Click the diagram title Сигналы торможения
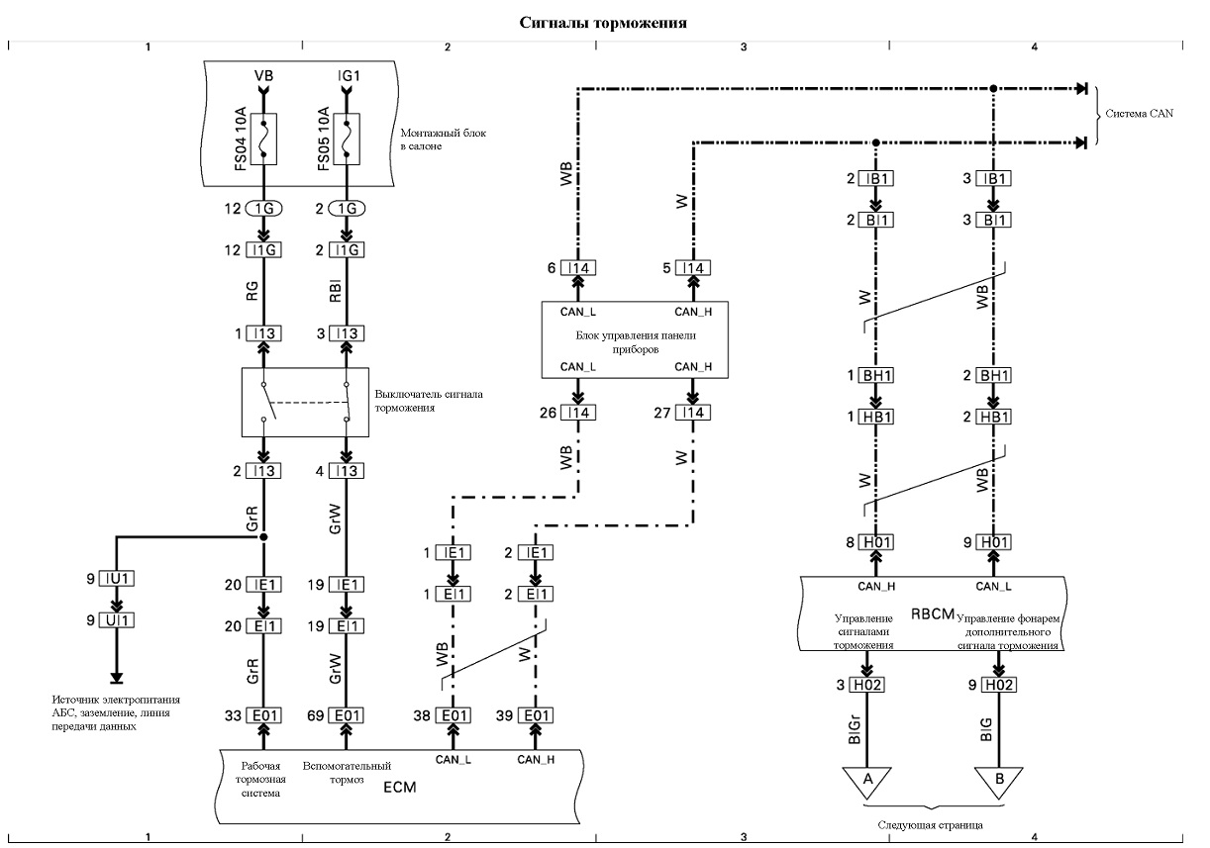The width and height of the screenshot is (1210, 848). point(603,23)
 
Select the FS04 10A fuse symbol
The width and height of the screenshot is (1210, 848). point(263,139)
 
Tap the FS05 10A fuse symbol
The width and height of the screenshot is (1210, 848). point(347,139)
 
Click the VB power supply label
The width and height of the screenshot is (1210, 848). point(263,75)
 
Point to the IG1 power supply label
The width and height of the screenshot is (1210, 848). point(349,75)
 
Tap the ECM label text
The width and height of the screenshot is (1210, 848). point(400,787)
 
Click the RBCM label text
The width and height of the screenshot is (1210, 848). point(933,614)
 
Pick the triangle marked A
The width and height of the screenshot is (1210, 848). point(867,781)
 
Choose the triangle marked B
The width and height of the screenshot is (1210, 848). point(999,781)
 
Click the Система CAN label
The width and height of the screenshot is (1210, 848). point(1140,114)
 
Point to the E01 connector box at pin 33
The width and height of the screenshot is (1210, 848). point(264,715)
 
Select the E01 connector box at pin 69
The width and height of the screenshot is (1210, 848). point(347,715)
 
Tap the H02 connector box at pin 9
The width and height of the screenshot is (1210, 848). point(999,685)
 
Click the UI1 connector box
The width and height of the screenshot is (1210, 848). point(117,620)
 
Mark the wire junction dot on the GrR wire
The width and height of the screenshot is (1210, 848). point(263,537)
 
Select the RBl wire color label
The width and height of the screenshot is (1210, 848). point(335,290)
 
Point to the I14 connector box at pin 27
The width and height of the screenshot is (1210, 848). point(693,413)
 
